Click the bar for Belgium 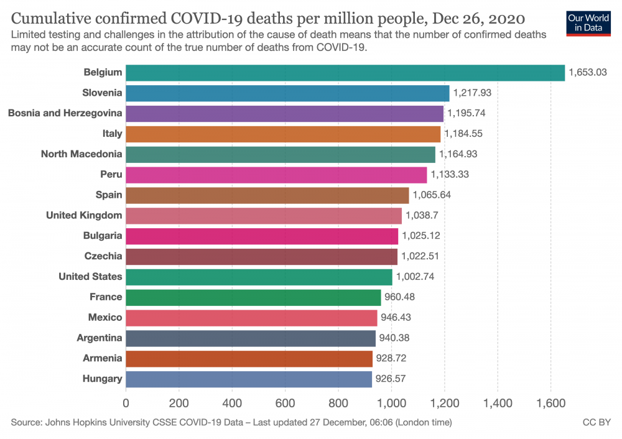click(345, 73)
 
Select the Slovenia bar click(287, 93)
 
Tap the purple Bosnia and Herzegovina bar click(285, 113)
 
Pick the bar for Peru click(276, 175)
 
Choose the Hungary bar click(249, 379)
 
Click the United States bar click(259, 277)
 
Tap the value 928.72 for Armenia click(394, 359)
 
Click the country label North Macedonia click(81, 154)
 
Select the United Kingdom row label click(84, 215)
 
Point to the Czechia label click(103, 256)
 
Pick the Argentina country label click(100, 338)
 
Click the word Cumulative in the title click(49, 17)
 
